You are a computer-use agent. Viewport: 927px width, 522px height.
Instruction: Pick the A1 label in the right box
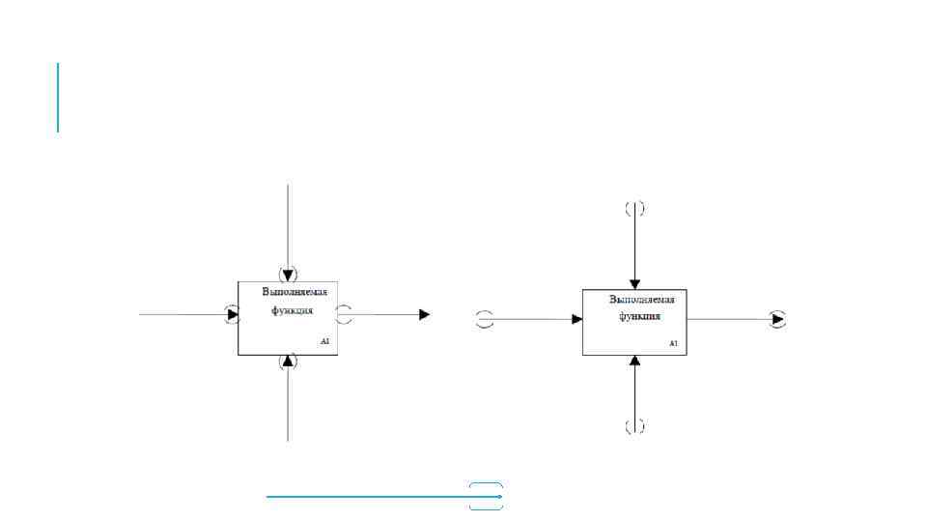coord(673,343)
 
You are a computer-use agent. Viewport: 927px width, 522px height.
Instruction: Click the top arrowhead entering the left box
coord(288,274)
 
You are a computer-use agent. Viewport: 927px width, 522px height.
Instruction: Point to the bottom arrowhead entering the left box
coord(288,362)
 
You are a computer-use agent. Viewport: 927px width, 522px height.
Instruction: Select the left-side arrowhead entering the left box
coord(233,314)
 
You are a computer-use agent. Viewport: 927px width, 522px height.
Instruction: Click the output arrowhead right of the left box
coord(424,314)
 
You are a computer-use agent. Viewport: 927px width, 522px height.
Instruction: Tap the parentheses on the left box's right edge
coord(344,314)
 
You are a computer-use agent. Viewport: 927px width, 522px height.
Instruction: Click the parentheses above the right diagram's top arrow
coord(634,208)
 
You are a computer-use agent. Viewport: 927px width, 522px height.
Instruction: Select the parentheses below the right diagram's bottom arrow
coord(634,426)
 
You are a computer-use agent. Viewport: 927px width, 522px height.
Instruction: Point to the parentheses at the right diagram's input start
coord(486,319)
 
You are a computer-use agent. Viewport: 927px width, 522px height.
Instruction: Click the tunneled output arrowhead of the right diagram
coord(777,319)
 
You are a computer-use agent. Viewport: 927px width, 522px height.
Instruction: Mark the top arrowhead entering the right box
coord(634,283)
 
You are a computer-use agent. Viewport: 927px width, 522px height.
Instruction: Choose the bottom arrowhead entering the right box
coord(634,361)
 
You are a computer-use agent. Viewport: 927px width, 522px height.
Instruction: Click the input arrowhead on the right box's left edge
coord(576,319)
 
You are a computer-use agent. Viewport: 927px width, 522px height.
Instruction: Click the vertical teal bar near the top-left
coord(58,97)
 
